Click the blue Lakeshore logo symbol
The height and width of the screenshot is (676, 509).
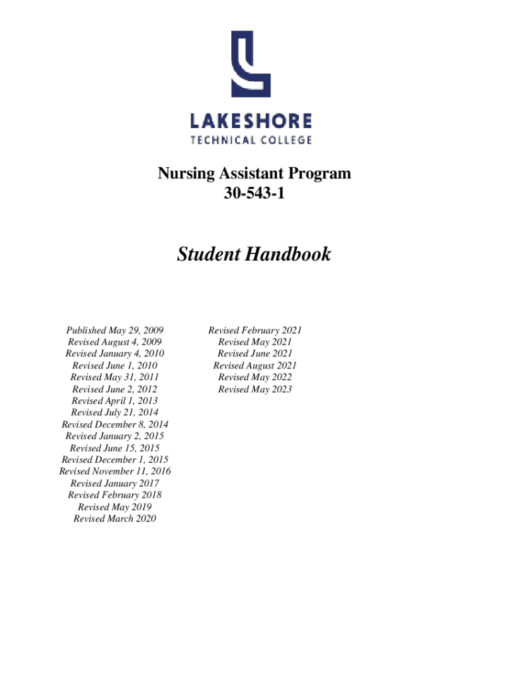(251, 64)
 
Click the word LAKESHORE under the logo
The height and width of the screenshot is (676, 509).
(251, 121)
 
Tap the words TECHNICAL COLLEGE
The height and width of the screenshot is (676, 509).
(251, 139)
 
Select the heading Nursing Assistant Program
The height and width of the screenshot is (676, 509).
(255, 174)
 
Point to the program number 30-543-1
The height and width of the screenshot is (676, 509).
(255, 193)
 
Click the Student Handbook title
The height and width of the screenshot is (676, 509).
(254, 254)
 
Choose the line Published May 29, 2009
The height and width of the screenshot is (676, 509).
(114, 330)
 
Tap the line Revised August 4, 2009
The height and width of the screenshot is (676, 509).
(114, 342)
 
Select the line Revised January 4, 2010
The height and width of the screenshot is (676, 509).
(114, 354)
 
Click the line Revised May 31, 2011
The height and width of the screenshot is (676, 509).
(114, 377)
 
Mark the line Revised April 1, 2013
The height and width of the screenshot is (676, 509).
(114, 401)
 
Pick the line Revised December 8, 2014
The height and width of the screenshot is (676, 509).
(114, 424)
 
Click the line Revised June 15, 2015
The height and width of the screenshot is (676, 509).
(114, 448)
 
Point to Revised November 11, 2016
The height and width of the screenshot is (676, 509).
(114, 471)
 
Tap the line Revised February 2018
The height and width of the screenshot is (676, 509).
(114, 495)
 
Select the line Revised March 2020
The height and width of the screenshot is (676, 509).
(114, 519)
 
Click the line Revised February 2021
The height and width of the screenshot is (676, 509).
(255, 330)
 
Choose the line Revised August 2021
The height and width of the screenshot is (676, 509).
(255, 366)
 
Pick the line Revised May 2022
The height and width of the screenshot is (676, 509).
(255, 377)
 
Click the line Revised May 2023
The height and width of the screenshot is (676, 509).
(255, 389)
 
